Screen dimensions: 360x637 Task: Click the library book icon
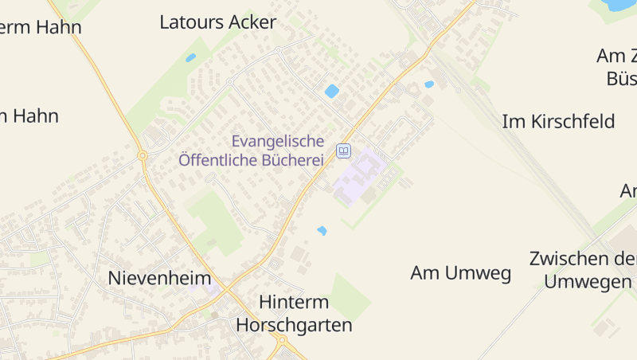[343, 151]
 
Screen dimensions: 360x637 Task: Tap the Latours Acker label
[217, 22]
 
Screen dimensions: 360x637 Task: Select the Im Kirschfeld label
[558, 122]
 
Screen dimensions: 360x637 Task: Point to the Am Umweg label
[460, 273]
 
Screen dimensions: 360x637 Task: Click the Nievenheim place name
[159, 279]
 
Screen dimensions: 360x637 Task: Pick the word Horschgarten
[294, 326]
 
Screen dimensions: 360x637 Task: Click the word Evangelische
[278, 141]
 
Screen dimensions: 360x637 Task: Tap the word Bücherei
[290, 160]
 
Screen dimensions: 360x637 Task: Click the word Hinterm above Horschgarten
[294, 303]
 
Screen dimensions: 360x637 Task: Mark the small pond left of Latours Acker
[190, 57]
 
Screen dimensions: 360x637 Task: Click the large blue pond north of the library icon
[332, 91]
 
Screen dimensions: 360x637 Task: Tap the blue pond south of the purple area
[322, 230]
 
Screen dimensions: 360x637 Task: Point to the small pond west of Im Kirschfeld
[429, 84]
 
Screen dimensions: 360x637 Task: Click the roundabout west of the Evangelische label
[143, 155]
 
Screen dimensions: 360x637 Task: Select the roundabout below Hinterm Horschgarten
[282, 341]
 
